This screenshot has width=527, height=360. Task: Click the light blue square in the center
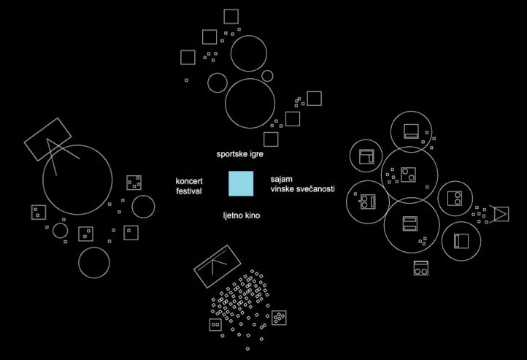241,183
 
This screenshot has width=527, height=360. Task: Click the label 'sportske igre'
239,154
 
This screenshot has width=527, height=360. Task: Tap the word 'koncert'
189,181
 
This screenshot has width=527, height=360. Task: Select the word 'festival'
189,191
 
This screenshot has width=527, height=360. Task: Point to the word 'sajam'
281,180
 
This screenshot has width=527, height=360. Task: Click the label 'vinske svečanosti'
302,189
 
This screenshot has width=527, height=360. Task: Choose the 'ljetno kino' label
242,215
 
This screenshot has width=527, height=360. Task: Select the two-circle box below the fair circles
420,268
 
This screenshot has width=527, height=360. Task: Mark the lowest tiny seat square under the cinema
247,348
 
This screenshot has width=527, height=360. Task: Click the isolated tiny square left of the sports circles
187,80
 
